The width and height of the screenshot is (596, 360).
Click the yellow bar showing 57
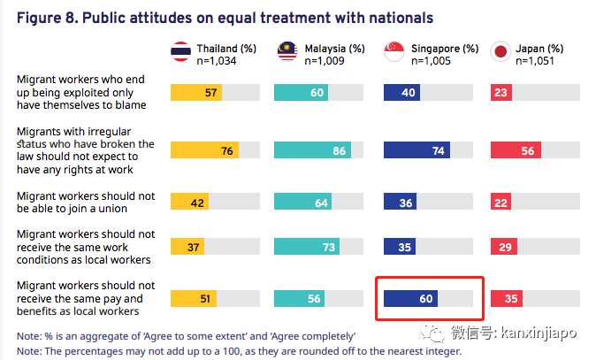(196, 92)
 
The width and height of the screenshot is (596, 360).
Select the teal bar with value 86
(313, 151)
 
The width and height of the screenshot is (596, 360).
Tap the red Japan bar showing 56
(515, 151)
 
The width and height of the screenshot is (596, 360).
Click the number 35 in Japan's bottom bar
(510, 300)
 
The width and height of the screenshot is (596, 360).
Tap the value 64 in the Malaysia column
(322, 202)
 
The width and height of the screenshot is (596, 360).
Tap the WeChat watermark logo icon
(439, 333)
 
